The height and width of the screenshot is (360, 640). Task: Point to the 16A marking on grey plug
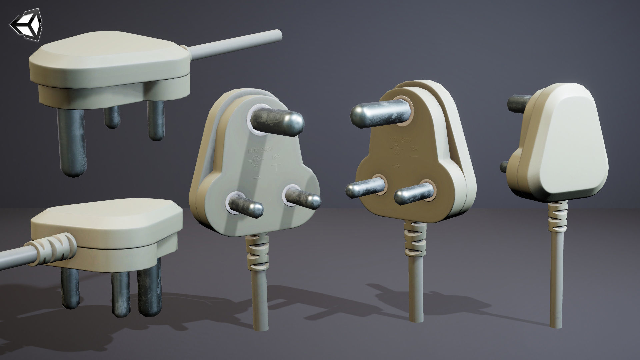(275, 164)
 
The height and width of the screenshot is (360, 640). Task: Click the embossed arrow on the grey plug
(256, 178)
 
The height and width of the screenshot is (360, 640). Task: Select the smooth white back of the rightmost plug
(573, 140)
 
